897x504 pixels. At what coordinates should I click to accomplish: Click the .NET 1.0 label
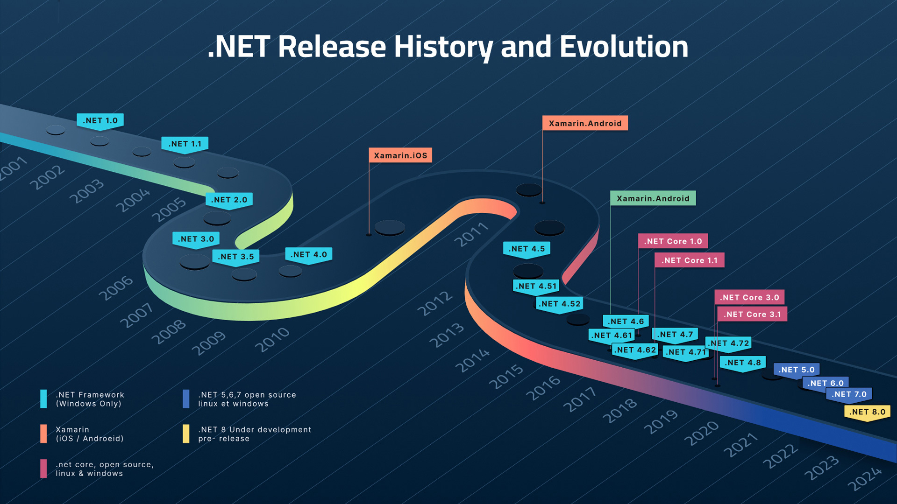coord(100,120)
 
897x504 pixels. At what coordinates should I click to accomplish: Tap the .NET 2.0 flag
coord(229,200)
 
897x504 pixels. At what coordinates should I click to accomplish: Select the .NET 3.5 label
coord(235,256)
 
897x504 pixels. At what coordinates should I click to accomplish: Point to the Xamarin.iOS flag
coord(400,155)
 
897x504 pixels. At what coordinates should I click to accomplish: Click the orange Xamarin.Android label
coord(585,123)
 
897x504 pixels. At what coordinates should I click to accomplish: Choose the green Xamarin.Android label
coord(653,198)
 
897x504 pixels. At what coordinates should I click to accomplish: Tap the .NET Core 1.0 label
coord(673,241)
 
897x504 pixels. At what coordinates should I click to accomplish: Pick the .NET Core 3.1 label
coord(752,314)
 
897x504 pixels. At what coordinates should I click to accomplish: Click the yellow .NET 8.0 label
coord(867,412)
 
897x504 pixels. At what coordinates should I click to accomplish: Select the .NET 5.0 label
coord(796,370)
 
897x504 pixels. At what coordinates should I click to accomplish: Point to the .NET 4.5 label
coord(527,249)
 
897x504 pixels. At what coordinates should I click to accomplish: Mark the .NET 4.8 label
coord(742,363)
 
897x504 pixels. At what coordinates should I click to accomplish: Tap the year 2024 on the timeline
coord(865,479)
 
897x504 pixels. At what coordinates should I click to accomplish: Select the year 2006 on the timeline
coord(116,288)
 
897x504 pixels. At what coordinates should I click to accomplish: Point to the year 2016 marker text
coord(543,388)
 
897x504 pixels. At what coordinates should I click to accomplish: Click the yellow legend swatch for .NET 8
coord(186,434)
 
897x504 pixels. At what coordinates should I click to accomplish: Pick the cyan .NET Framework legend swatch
coord(43,399)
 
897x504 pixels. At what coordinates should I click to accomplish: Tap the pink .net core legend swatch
coord(43,469)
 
